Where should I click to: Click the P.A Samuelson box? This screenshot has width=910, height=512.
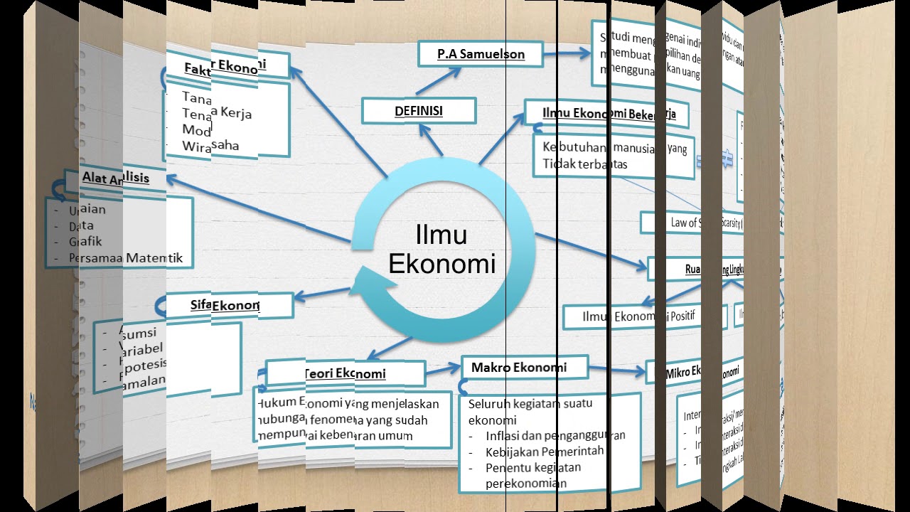[x=481, y=54]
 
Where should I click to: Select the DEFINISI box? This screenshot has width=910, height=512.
[x=418, y=111]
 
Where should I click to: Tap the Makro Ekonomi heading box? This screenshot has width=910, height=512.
[x=525, y=368]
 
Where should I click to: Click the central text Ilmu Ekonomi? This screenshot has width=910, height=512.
[x=441, y=249]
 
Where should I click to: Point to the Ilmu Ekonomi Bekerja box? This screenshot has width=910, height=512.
[x=609, y=114]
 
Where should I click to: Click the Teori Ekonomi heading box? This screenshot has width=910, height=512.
[x=345, y=373]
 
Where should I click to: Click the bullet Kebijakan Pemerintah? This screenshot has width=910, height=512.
[x=545, y=451]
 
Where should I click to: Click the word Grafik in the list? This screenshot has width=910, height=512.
[x=85, y=242]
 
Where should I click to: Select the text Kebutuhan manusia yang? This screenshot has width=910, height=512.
[x=614, y=148]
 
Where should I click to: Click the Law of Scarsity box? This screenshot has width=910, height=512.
[x=693, y=223]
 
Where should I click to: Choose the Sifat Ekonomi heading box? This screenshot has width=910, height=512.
[x=225, y=305]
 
